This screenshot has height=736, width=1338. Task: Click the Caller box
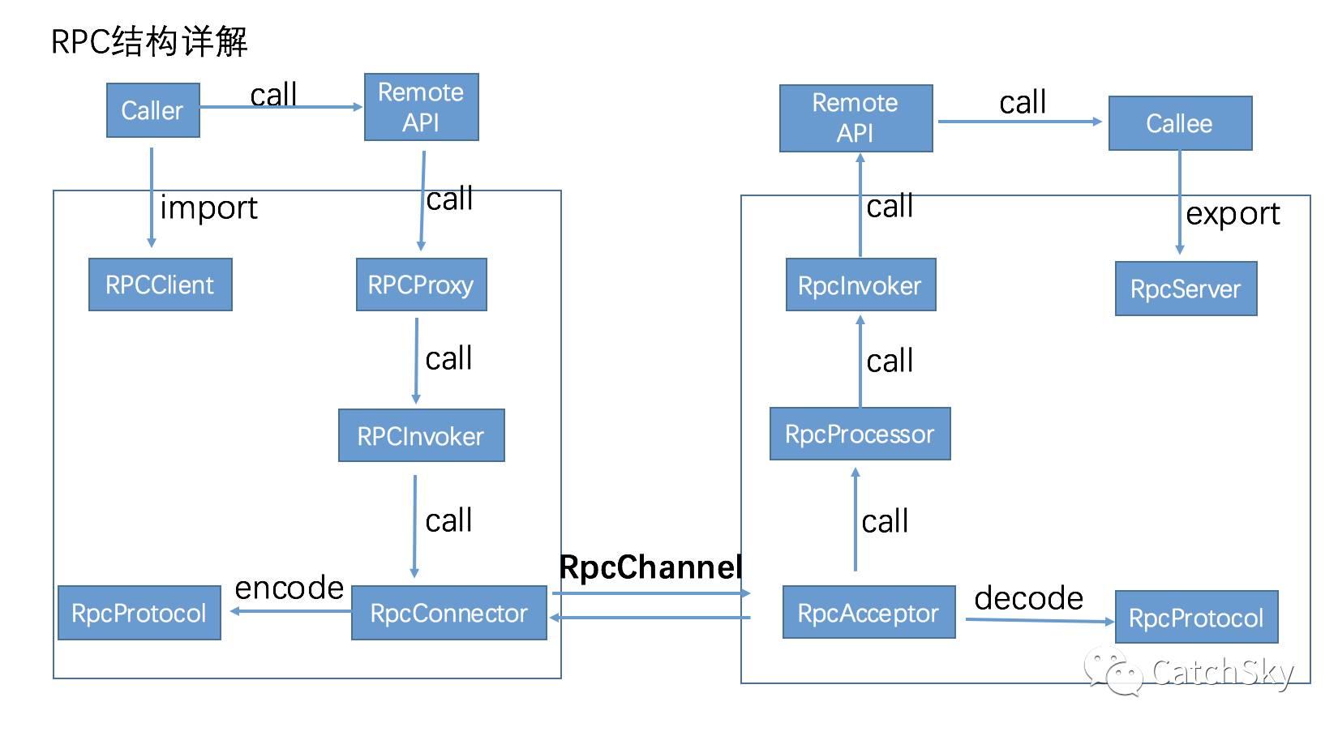(152, 110)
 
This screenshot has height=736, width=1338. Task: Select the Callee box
(1180, 123)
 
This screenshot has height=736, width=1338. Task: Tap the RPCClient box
(160, 285)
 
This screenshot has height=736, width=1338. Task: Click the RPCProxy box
(421, 285)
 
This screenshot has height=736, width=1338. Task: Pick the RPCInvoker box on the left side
(421, 436)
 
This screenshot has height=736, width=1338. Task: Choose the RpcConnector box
(448, 613)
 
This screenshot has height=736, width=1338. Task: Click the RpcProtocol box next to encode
(139, 613)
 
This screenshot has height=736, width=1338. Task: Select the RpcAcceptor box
(868, 613)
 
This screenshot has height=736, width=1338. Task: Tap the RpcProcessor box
(860, 434)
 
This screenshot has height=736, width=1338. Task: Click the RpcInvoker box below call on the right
(860, 285)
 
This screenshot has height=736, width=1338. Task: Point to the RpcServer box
(1186, 289)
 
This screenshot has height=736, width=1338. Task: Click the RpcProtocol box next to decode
(1196, 618)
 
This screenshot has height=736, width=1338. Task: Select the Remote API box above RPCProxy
(421, 107)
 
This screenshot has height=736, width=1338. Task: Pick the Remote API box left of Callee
(856, 118)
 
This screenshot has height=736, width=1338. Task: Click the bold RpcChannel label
(650, 567)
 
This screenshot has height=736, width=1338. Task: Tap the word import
(208, 208)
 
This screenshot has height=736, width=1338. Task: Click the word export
(1233, 214)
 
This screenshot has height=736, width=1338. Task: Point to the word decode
(1028, 598)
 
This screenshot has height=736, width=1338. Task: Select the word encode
(289, 588)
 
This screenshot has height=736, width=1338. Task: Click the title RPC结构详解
(149, 41)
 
